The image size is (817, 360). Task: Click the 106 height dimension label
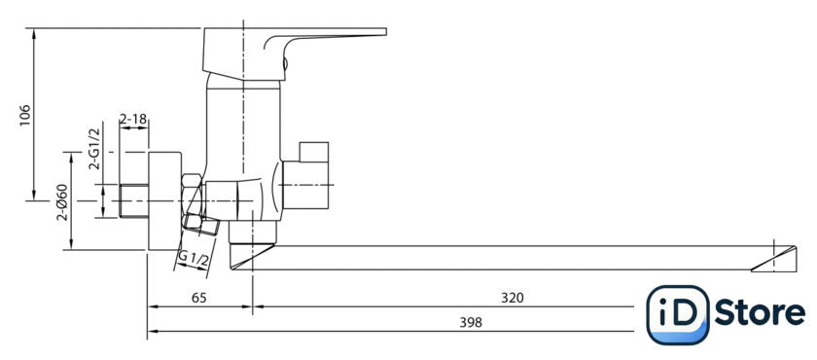click(x=25, y=115)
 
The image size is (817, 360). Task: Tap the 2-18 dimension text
click(x=133, y=120)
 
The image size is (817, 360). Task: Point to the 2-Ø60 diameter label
click(x=62, y=202)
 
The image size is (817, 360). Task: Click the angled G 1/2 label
click(x=193, y=259)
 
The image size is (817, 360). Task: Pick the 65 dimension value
click(x=199, y=298)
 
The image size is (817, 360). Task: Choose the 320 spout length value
click(x=513, y=298)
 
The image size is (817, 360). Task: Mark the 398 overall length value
click(x=471, y=322)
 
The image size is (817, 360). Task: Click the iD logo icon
click(x=677, y=314)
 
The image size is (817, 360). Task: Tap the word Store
click(x=760, y=313)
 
